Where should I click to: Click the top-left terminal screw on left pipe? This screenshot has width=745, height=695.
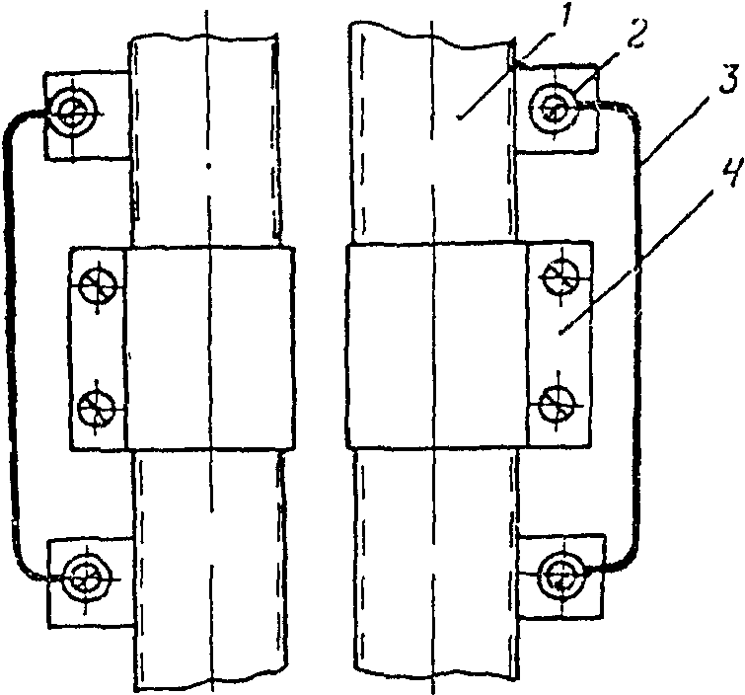pos(73,115)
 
